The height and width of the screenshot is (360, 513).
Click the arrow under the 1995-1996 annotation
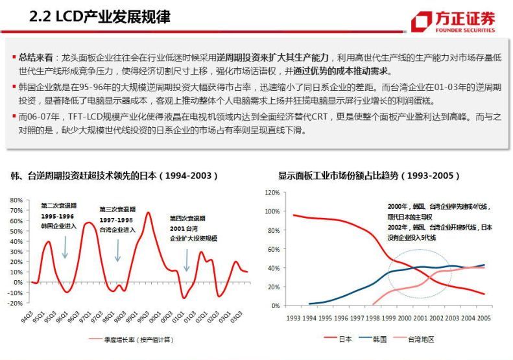pyautogui.click(x=65, y=247)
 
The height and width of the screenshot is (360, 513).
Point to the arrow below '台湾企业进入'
pyautogui.click(x=117, y=250)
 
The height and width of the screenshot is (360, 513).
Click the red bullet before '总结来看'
pyautogui.click(x=14, y=58)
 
